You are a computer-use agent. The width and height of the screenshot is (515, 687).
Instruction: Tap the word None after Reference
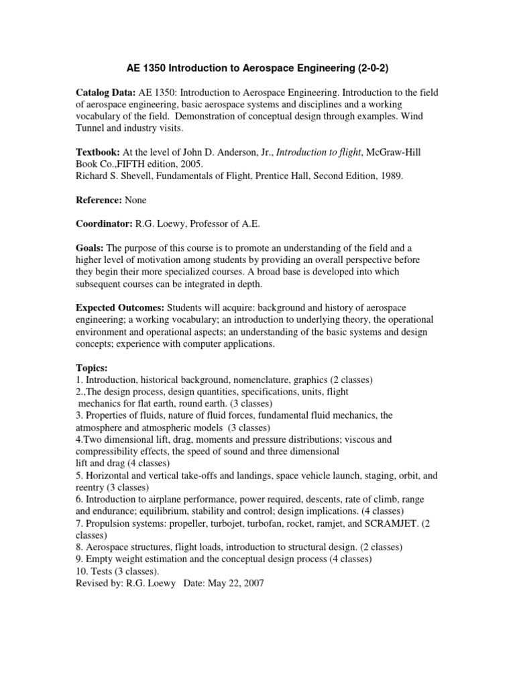pos(134,201)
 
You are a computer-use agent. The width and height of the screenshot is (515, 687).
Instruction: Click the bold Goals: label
pos(91,248)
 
